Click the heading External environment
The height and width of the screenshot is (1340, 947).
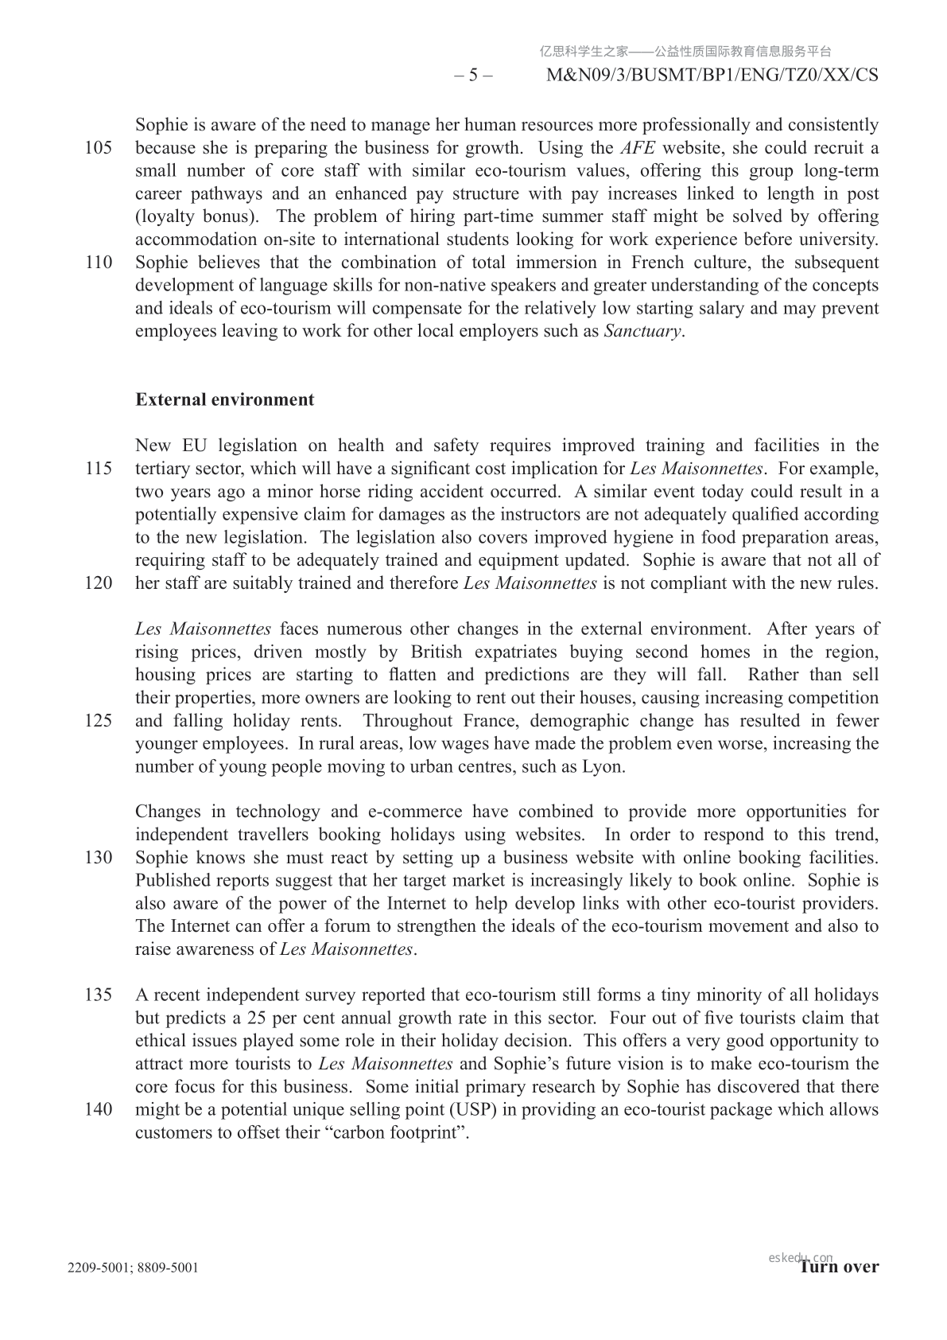[x=224, y=399]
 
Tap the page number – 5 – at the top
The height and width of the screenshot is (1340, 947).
[x=473, y=76]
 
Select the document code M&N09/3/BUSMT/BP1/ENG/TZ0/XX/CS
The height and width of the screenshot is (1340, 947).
[x=712, y=76]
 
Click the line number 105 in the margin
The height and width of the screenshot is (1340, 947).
[x=98, y=148]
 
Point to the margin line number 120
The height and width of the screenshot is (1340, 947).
[x=98, y=583]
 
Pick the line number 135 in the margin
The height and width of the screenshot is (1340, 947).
[x=98, y=995]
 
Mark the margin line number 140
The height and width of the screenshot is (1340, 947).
[x=98, y=1110]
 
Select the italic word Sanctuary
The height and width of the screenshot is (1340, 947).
[x=642, y=331]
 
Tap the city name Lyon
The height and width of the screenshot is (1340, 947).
[x=604, y=767]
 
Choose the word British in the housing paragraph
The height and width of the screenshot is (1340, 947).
[x=436, y=652]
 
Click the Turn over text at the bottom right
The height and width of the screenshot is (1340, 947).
[x=840, y=1268]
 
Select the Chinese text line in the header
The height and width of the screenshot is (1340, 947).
[x=685, y=52]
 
